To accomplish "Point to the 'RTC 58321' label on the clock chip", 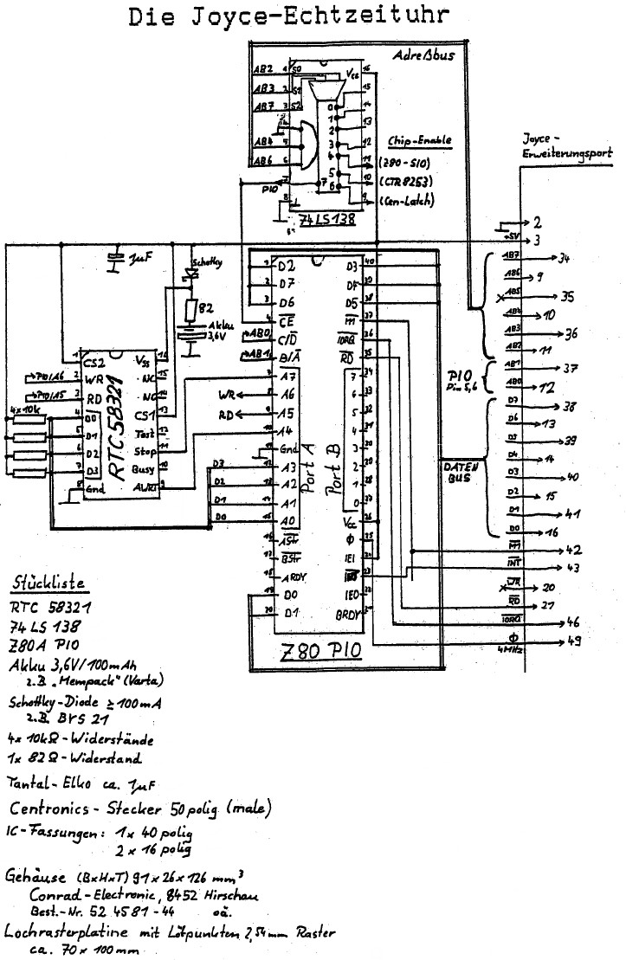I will pyautogui.click(x=120, y=425).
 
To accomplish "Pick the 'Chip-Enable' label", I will pyautogui.click(x=420, y=139).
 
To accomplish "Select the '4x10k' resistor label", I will pyautogui.click(x=27, y=408).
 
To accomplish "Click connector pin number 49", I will pyautogui.click(x=573, y=641).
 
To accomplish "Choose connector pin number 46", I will pyautogui.click(x=572, y=622).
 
